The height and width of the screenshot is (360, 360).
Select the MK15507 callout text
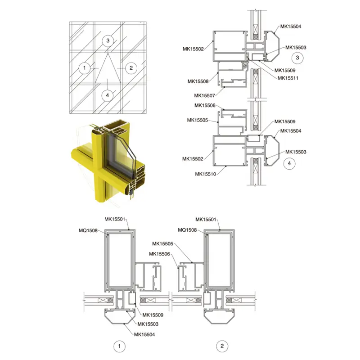pyautogui.click(x=204, y=95)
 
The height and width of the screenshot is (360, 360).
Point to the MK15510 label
pyautogui.click(x=205, y=174)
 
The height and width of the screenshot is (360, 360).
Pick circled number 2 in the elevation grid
pyautogui.click(x=131, y=68)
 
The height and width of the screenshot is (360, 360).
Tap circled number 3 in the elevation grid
pyautogui.click(x=107, y=41)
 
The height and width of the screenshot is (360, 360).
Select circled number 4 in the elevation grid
pyautogui.click(x=107, y=95)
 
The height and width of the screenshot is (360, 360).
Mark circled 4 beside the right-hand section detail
pyautogui.click(x=290, y=164)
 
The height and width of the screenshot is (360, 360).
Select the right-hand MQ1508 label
pyautogui.click(x=188, y=230)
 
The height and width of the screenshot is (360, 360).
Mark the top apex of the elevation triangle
pyautogui.click(x=107, y=53)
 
